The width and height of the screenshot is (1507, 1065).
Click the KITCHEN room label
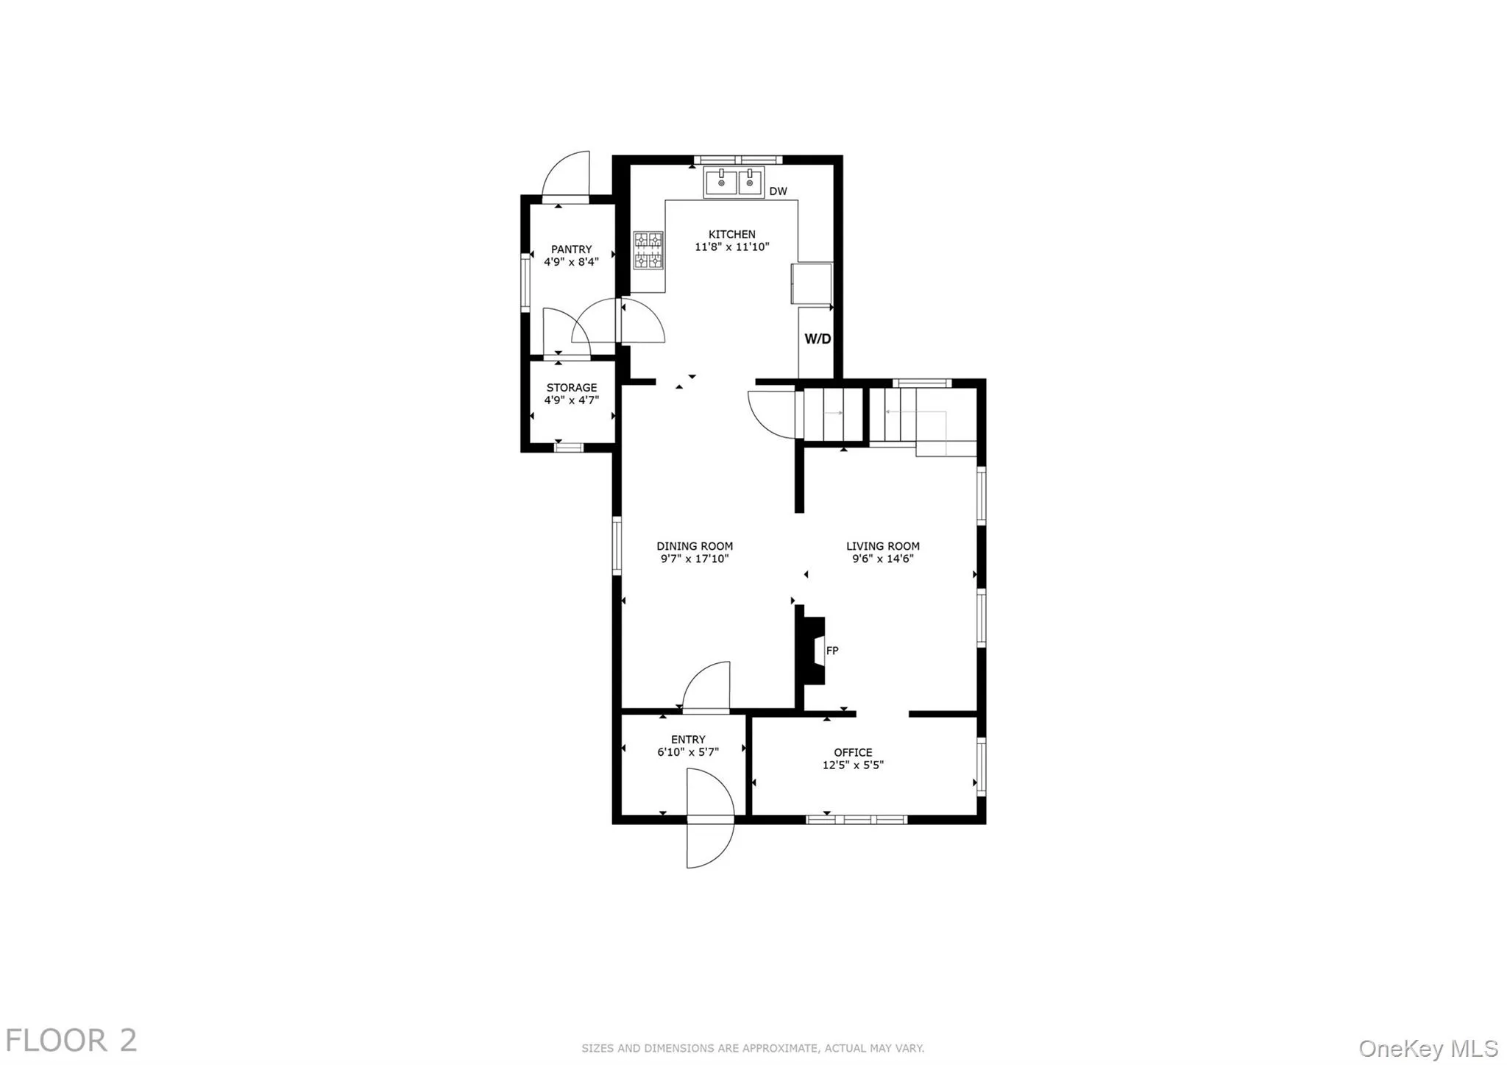click(x=731, y=235)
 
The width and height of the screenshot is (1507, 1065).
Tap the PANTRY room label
click(x=571, y=250)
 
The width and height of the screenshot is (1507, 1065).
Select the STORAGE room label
click(x=571, y=388)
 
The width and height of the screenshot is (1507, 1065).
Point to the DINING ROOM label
click(x=695, y=546)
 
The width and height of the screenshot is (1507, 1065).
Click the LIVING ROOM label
click(x=882, y=546)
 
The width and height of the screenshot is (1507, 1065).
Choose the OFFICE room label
click(x=853, y=752)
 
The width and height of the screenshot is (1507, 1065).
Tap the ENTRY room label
click(x=688, y=740)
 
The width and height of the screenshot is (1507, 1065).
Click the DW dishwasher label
click(x=778, y=191)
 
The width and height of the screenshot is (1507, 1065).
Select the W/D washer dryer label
click(x=818, y=339)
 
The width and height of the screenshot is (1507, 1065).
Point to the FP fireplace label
click(x=832, y=651)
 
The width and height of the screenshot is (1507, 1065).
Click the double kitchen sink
click(x=734, y=182)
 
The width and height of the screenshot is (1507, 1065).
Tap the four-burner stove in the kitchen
click(x=648, y=250)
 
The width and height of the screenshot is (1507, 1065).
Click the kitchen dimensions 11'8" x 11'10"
click(x=731, y=247)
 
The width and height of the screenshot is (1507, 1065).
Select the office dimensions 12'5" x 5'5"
click(x=853, y=765)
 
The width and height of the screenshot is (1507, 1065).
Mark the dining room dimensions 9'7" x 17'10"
click(x=695, y=559)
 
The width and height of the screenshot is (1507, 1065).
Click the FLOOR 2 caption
click(x=71, y=1041)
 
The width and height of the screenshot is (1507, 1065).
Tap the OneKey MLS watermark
click(x=1428, y=1048)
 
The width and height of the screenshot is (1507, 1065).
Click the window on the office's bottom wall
click(x=857, y=819)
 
